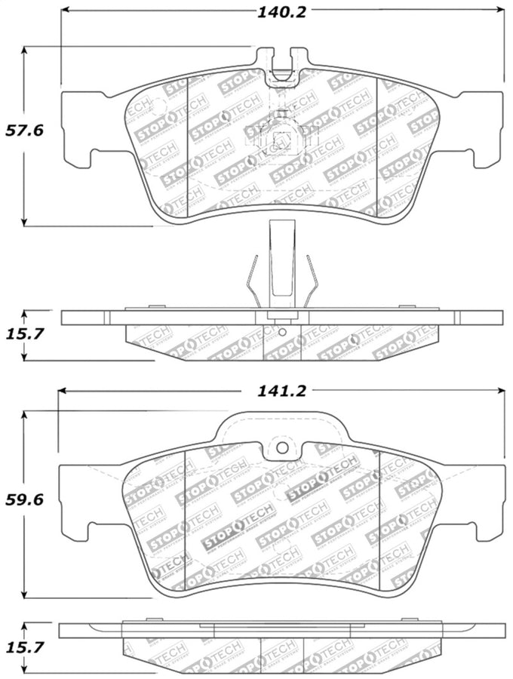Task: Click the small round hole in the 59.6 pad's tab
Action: click(x=282, y=447)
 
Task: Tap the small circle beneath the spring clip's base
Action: click(x=281, y=331)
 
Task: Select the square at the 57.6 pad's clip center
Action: click(x=281, y=140)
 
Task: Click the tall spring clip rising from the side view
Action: click(x=281, y=260)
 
